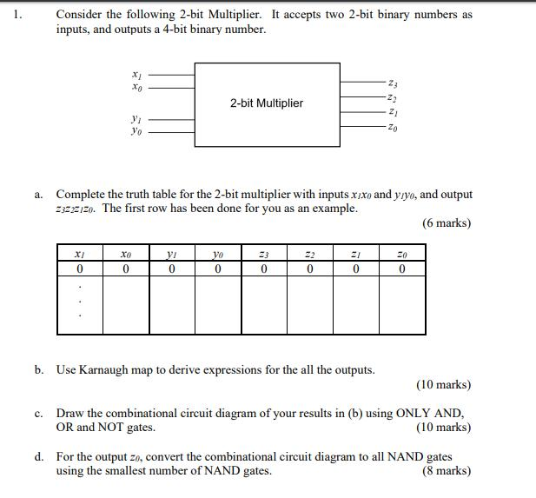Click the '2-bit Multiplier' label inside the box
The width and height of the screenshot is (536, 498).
pyautogui.click(x=267, y=103)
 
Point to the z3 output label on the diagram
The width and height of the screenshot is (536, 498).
pyautogui.click(x=396, y=83)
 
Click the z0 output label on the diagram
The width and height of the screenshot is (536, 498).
pyautogui.click(x=396, y=129)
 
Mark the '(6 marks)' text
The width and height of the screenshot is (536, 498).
pyautogui.click(x=447, y=223)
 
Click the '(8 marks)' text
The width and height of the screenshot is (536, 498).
pyautogui.click(x=446, y=472)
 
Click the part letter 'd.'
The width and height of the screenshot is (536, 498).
pyautogui.click(x=40, y=456)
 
